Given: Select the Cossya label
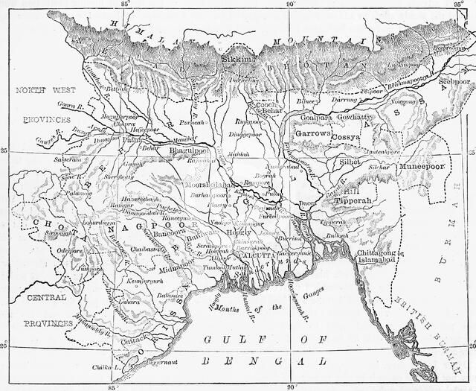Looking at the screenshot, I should click(346, 138).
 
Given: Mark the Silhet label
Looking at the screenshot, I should click(348, 161).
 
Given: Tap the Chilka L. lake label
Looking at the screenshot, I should click(106, 367).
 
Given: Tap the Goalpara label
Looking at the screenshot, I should click(315, 118).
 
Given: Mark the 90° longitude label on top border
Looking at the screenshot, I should click(291, 5).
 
